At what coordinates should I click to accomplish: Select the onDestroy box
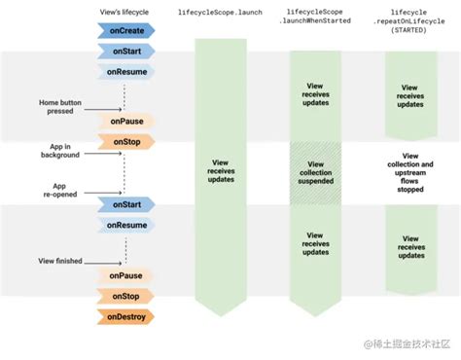(x=124, y=316)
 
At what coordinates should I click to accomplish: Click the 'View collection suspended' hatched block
(x=315, y=173)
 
